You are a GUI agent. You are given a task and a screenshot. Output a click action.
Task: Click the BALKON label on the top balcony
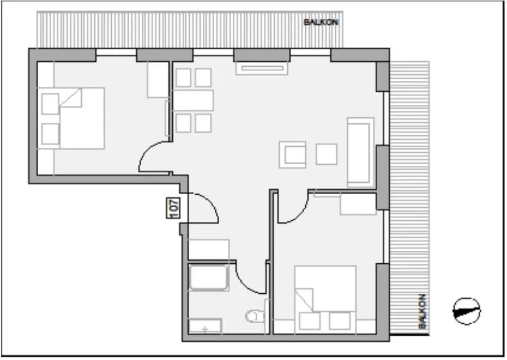321,22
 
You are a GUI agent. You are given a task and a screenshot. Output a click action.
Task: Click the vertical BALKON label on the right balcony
423,311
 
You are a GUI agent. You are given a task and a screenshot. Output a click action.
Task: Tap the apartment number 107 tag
174,208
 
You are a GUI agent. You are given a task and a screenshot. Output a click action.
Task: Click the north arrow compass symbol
468,309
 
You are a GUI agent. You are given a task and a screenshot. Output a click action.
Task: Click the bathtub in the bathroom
209,278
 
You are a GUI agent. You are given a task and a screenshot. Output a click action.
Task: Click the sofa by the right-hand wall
360,152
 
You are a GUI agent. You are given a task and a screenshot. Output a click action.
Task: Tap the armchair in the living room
293,155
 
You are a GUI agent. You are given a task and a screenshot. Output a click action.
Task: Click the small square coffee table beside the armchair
327,154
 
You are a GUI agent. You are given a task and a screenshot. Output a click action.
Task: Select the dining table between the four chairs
193,100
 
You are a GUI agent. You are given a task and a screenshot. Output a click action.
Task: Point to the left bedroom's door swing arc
154,156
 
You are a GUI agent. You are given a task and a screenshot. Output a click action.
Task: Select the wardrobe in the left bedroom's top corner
157,80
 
